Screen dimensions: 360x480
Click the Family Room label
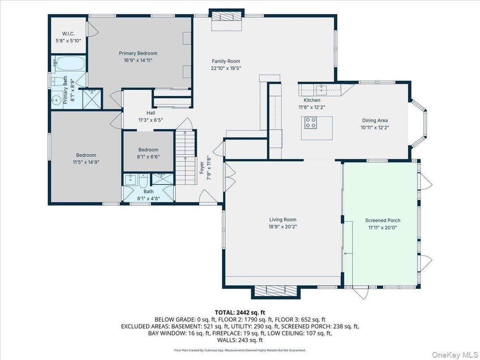226,61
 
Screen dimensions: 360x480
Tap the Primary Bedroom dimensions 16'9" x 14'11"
138,60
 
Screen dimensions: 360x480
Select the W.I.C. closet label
68,34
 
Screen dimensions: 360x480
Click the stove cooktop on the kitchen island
310,123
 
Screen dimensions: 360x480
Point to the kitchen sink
321,88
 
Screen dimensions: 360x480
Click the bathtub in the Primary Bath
69,64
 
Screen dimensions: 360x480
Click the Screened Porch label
382,220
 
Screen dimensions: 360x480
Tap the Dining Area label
375,120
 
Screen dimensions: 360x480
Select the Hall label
150,113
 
